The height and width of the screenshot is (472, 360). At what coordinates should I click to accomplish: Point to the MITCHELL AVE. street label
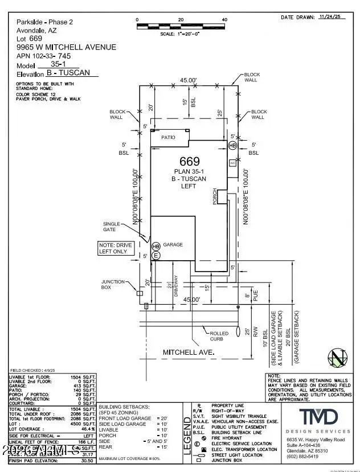[189, 352]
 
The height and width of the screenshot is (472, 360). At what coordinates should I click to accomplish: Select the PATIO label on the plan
[167, 137]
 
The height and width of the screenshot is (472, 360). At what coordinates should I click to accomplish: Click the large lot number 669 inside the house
[190, 161]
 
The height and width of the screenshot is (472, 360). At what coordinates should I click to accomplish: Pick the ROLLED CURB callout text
[219, 336]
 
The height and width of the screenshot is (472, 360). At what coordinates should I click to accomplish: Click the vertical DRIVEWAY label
[176, 290]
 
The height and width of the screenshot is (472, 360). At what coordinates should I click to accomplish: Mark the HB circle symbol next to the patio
[232, 146]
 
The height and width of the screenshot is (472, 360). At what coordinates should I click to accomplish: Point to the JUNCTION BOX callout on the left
[113, 284]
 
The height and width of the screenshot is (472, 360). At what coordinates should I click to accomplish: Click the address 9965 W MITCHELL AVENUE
[63, 47]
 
